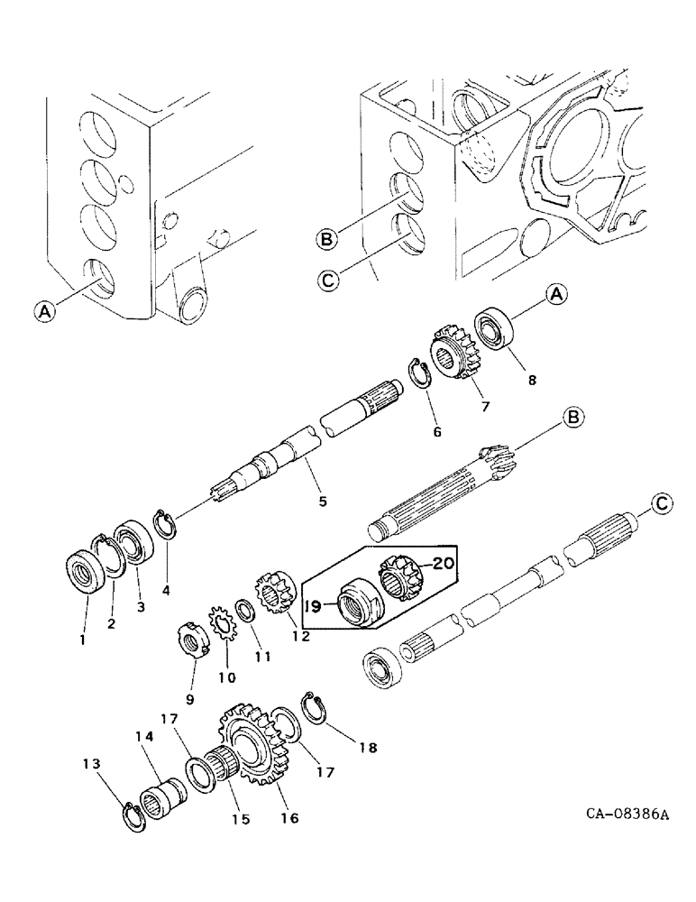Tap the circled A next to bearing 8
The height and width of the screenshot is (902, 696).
click(x=556, y=293)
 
